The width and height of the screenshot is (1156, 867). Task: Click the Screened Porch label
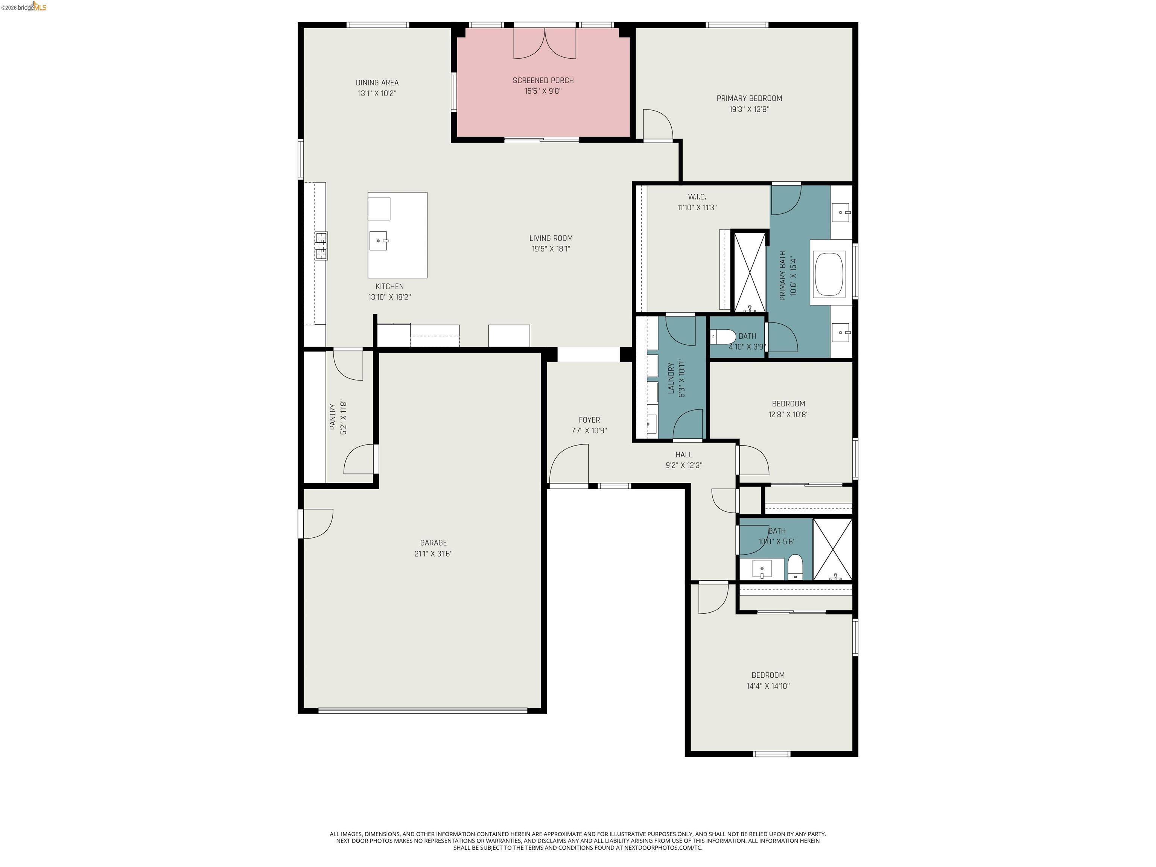(x=543, y=81)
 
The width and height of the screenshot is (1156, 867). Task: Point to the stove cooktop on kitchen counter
(x=321, y=246)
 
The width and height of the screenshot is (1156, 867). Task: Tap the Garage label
(x=433, y=543)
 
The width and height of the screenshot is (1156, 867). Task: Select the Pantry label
(x=332, y=417)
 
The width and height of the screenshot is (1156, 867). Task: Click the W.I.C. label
(x=697, y=197)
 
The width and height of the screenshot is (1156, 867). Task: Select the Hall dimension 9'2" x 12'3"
(x=684, y=465)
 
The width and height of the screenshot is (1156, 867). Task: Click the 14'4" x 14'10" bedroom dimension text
(x=768, y=686)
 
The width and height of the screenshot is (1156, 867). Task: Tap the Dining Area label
(x=377, y=82)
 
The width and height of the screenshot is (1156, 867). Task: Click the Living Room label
(x=551, y=238)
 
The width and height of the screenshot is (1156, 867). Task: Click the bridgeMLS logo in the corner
(x=24, y=7)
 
